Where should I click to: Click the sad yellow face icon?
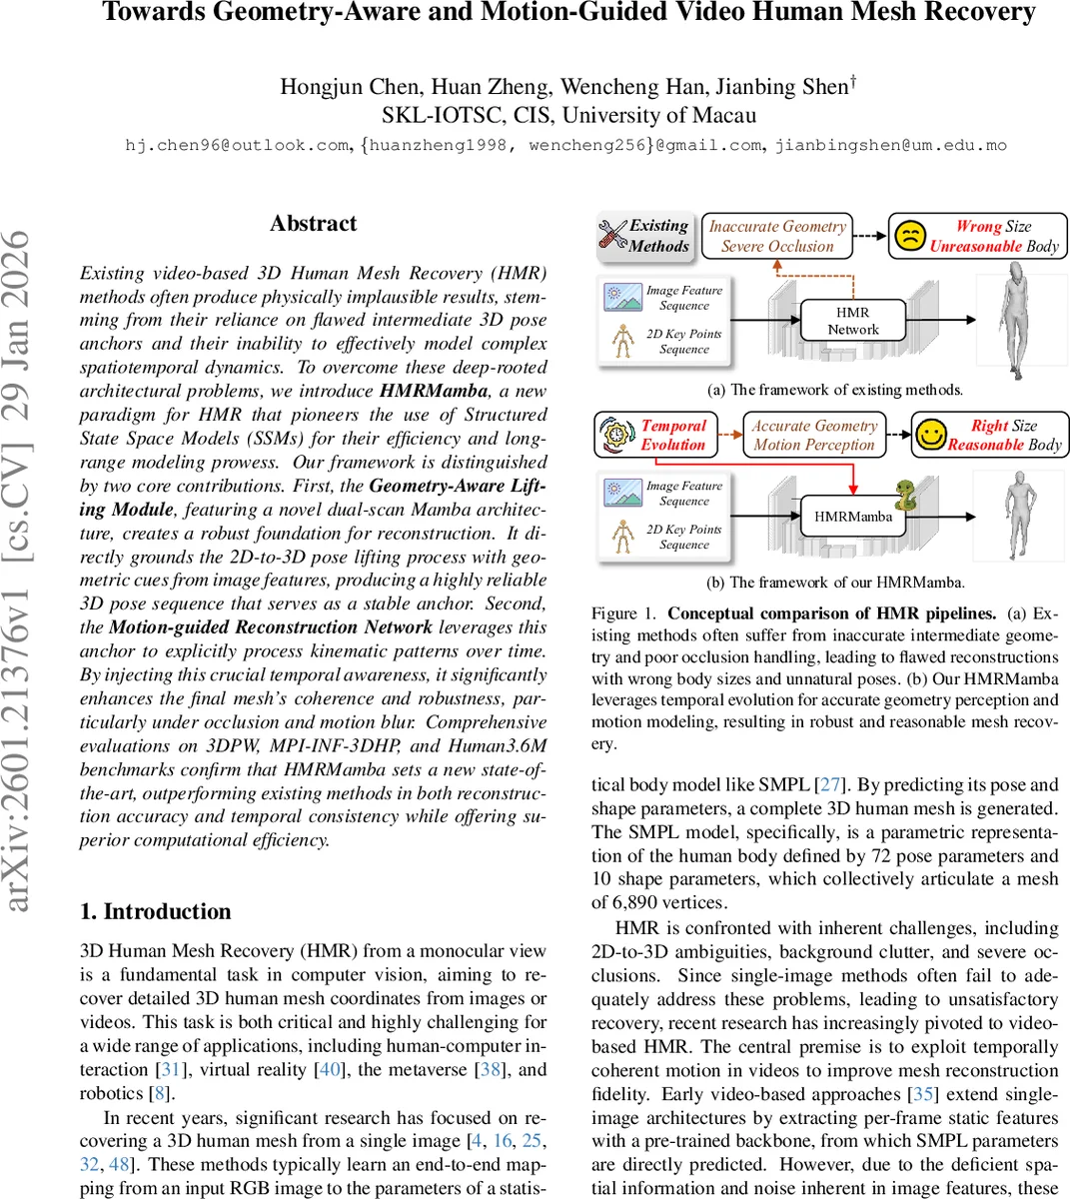click(x=909, y=236)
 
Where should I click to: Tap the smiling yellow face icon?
click(x=931, y=435)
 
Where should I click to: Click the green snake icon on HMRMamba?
click(x=905, y=495)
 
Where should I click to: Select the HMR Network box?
click(x=852, y=321)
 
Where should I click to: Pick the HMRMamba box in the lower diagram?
click(x=852, y=517)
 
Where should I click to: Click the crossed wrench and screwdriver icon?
click(x=612, y=236)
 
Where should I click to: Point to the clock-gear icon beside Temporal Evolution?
click(x=616, y=435)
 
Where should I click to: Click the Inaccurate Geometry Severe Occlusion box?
click(x=777, y=236)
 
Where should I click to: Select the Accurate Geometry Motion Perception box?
click(x=814, y=435)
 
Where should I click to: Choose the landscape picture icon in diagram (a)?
click(x=623, y=297)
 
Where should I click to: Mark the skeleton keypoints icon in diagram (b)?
click(x=623, y=537)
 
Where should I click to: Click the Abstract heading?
click(x=313, y=224)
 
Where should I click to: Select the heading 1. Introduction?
click(x=155, y=911)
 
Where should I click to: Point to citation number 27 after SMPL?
click(x=830, y=784)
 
